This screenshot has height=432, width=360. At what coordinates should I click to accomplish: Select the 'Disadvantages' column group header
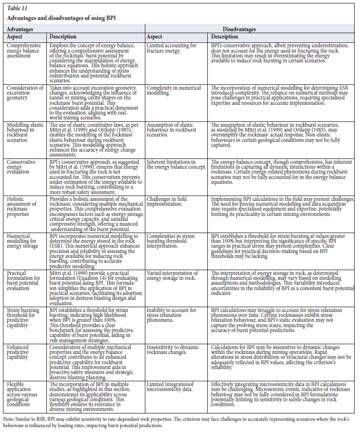[239, 30]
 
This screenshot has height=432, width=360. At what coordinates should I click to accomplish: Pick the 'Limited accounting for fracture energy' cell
[172, 48]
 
